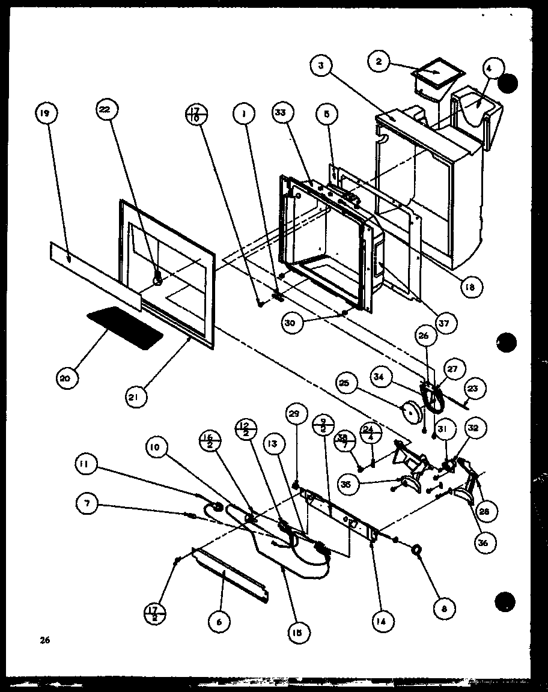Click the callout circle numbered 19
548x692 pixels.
tap(46, 112)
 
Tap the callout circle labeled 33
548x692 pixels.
tap(281, 112)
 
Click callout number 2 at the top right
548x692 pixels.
tap(379, 62)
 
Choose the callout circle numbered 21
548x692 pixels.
tap(137, 396)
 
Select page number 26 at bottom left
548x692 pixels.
tap(44, 640)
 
